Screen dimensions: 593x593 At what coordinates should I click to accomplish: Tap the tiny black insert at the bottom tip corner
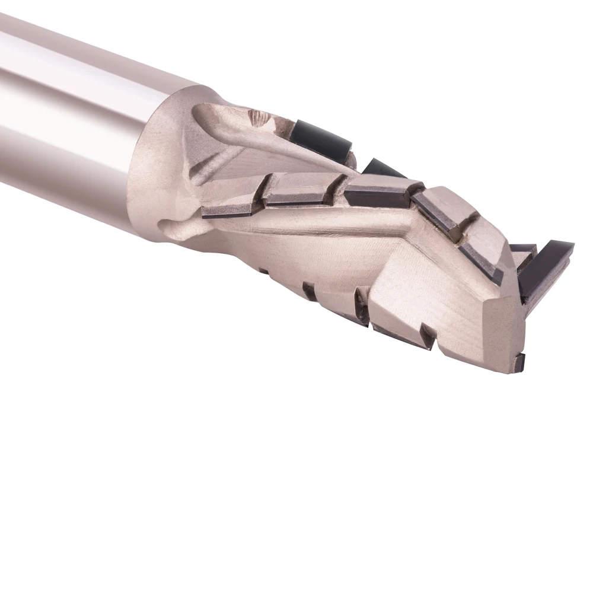tap(519, 361)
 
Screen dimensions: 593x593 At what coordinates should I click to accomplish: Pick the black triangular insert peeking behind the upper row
tap(380, 170)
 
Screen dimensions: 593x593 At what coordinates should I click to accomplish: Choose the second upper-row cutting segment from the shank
tap(299, 188)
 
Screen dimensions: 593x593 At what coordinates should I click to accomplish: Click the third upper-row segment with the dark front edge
tap(374, 191)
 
